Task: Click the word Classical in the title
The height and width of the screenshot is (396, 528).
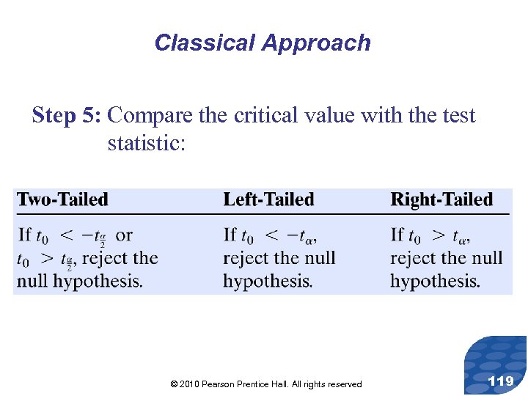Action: coord(194,43)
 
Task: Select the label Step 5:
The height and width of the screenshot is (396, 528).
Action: coord(67,116)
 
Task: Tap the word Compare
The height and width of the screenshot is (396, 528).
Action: coord(153,116)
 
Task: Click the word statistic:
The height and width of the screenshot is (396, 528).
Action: coord(147,142)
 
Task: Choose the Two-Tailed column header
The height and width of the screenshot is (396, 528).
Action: coord(62,199)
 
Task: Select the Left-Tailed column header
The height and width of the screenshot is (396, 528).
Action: coord(268,199)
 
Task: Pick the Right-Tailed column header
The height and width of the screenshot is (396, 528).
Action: coord(441,199)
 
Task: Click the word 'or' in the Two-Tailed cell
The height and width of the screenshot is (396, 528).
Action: coord(125,235)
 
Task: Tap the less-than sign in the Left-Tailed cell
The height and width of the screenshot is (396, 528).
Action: coord(271,235)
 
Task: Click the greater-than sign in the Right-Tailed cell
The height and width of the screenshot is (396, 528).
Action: coord(438,235)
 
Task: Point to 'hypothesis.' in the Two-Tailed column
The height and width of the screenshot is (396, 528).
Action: coord(100,281)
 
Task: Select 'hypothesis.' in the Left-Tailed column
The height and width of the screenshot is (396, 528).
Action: coord(268,281)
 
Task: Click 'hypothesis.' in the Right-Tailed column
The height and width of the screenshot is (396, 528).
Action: coord(435,281)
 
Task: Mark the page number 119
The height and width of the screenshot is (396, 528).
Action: coord(501,381)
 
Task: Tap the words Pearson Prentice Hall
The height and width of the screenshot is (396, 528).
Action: coord(246,384)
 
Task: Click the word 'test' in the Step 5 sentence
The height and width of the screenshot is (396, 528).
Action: coord(457,116)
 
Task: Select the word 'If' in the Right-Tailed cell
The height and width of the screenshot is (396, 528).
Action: coord(397,235)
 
